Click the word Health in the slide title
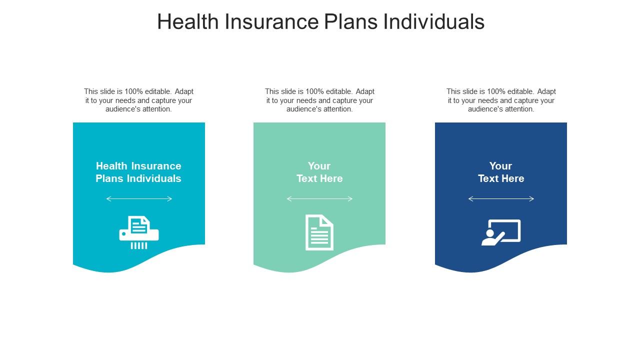tap(187, 22)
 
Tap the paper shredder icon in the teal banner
tap(139, 232)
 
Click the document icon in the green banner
tap(319, 232)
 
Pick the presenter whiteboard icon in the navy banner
tap(501, 232)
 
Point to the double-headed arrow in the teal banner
tap(139, 199)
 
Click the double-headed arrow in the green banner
tap(319, 199)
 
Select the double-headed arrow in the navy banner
tap(501, 199)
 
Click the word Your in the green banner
tap(319, 166)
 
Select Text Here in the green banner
tap(319, 178)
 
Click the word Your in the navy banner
tap(500, 166)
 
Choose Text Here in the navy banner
tap(501, 178)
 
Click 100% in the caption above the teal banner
tap(133, 91)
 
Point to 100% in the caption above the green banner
tap(314, 91)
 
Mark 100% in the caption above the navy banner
tap(496, 91)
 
